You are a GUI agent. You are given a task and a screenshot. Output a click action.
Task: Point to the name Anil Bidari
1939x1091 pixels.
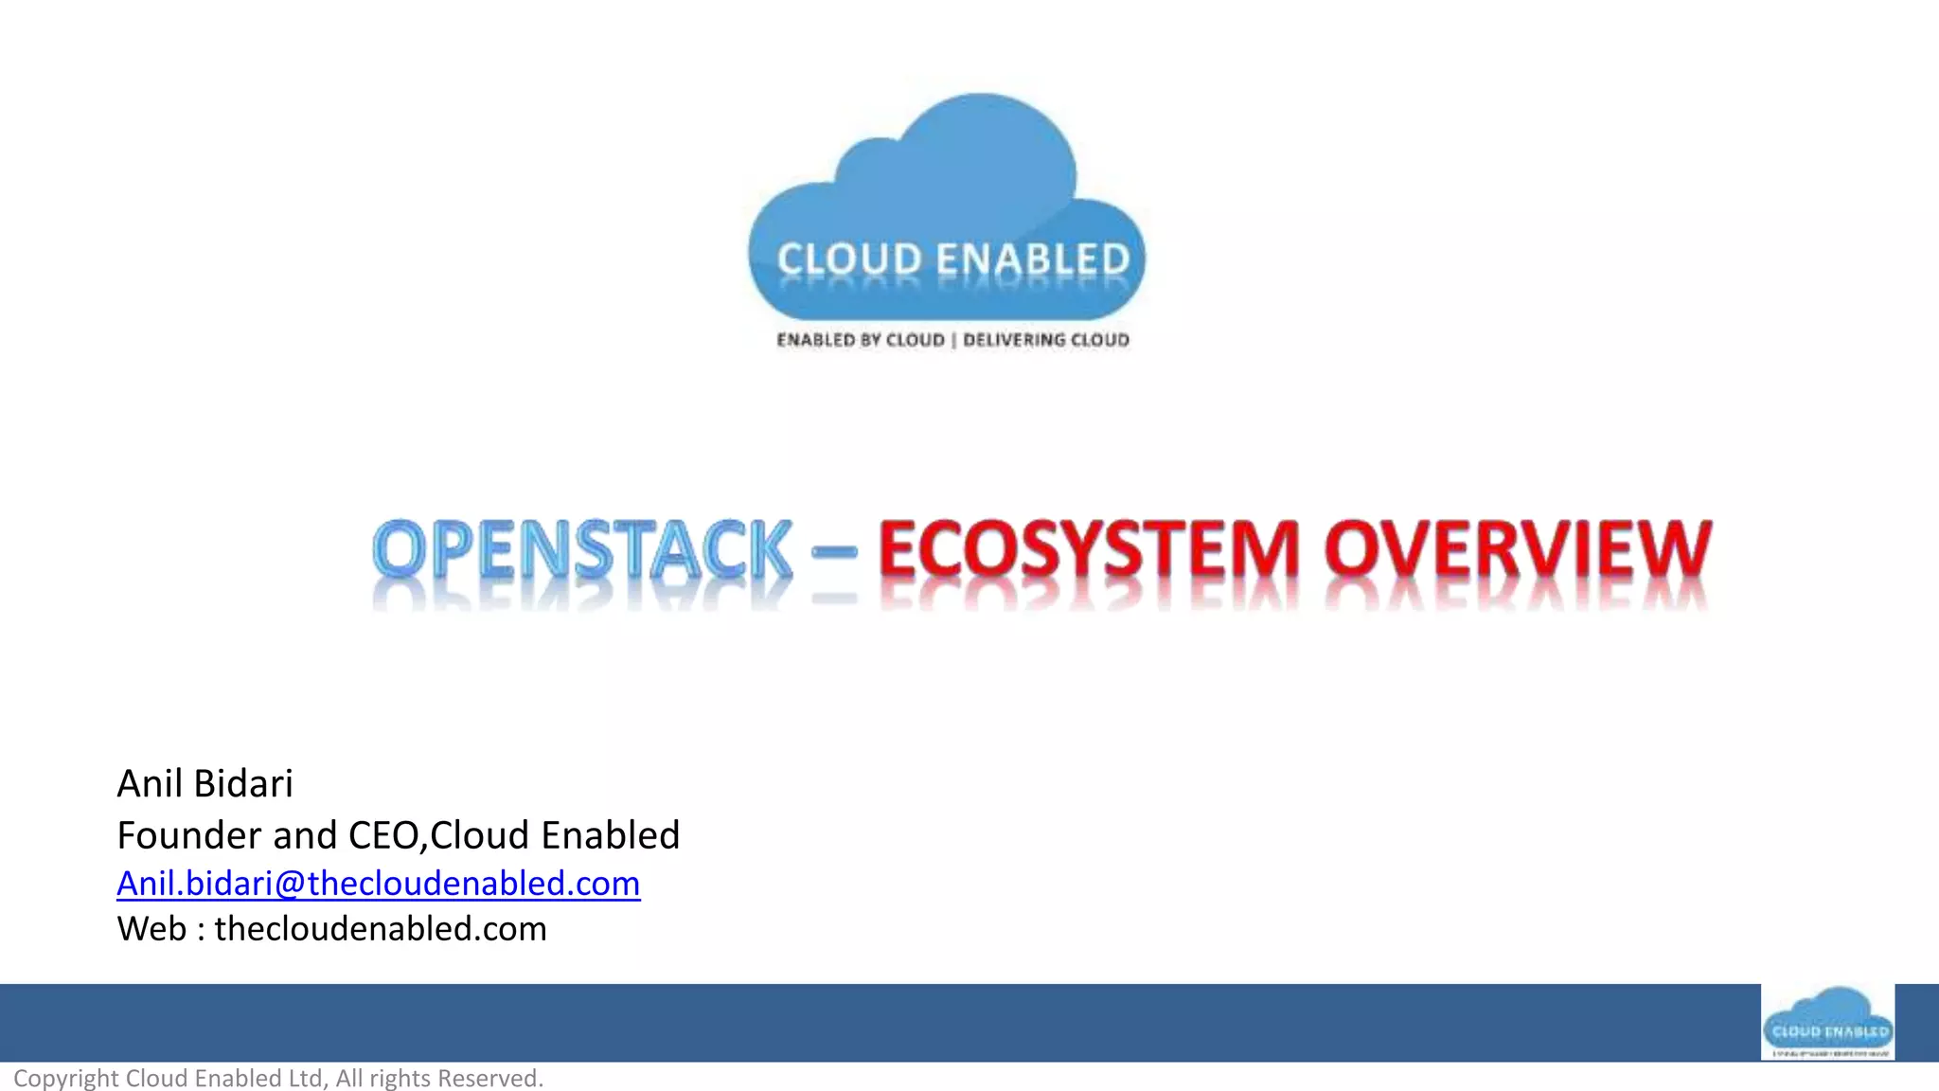(x=205, y=784)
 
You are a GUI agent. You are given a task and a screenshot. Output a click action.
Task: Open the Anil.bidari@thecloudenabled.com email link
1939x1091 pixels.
(x=378, y=884)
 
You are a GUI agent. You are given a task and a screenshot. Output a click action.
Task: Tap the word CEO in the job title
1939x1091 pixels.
(x=386, y=835)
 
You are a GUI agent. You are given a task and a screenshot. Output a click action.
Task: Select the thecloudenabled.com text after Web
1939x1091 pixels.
(x=381, y=929)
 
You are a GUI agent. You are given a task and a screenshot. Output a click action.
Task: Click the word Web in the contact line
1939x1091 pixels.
(x=151, y=929)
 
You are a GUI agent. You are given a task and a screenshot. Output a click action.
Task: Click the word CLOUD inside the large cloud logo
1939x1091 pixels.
(x=849, y=259)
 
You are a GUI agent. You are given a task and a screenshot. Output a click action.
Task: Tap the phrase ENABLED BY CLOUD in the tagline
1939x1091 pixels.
(x=861, y=340)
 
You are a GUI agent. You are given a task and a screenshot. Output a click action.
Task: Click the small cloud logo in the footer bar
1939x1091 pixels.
(x=1827, y=1022)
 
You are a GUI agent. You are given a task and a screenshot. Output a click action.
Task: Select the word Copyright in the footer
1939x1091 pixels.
(x=65, y=1079)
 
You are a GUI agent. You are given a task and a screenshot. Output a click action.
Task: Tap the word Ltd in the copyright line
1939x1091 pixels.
(x=305, y=1079)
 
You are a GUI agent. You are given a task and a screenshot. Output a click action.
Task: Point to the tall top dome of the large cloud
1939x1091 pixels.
(x=985, y=133)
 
